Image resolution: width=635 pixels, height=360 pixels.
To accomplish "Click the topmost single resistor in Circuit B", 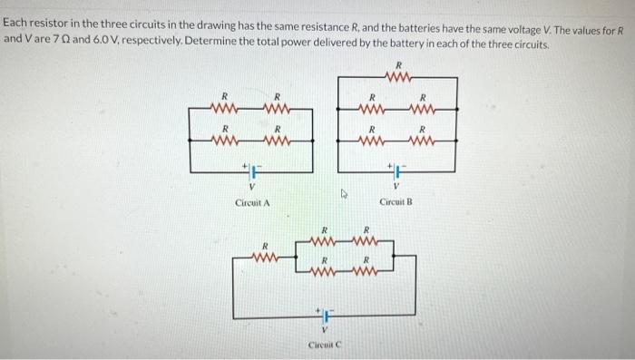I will (x=396, y=78).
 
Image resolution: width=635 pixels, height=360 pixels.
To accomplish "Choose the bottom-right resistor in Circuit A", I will (x=278, y=141).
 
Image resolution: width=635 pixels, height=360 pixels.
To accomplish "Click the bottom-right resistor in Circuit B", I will (x=422, y=141).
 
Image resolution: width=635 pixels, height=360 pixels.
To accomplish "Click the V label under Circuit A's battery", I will (x=251, y=188).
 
